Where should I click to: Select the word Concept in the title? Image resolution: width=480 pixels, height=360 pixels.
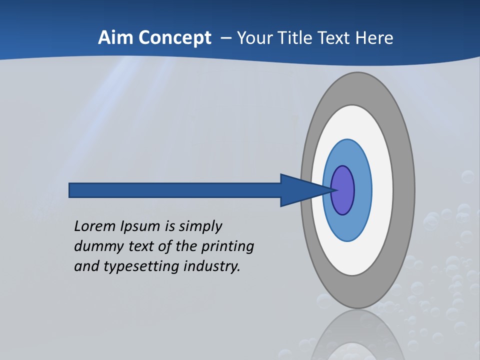click(174, 37)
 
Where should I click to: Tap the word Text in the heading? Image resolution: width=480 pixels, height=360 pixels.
click(334, 37)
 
